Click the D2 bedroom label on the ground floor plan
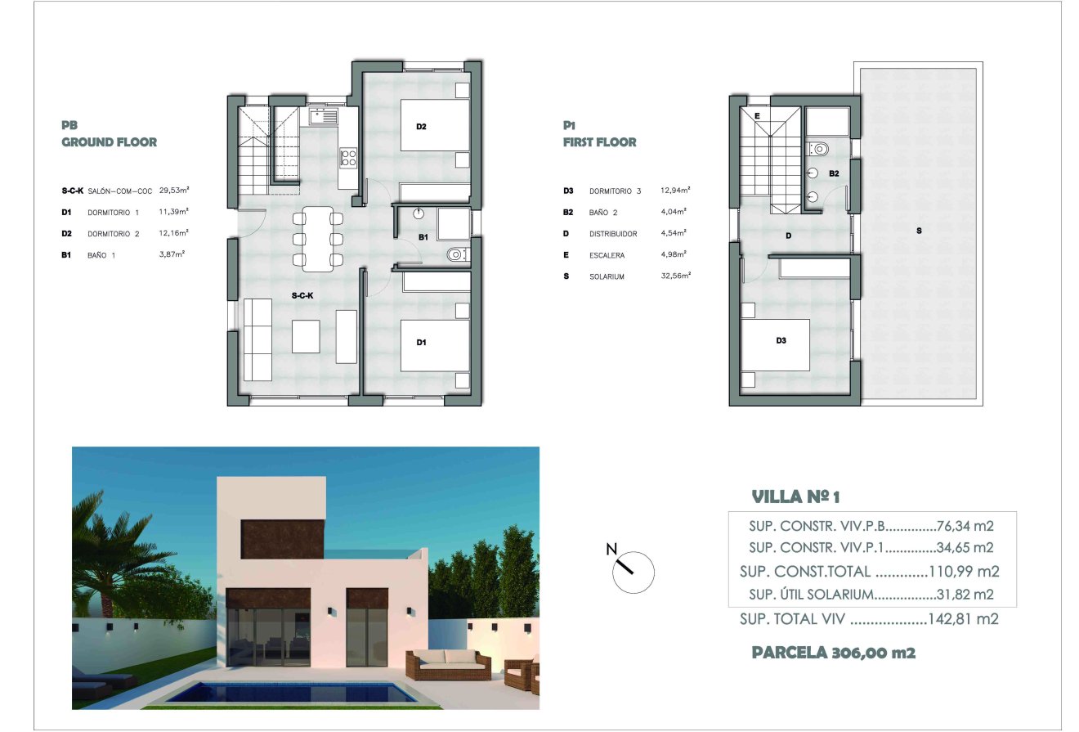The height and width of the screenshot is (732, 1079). click(x=422, y=127)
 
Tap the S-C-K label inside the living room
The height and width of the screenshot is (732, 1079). click(x=303, y=295)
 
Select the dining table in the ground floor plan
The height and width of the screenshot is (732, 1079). click(x=318, y=238)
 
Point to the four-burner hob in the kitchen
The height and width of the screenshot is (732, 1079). click(x=348, y=157)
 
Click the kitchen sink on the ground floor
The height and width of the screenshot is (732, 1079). click(x=324, y=117)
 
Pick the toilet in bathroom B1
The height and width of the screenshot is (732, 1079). click(x=457, y=255)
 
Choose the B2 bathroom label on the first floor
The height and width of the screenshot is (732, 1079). click(x=834, y=173)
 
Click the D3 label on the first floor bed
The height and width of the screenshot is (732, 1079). click(x=781, y=341)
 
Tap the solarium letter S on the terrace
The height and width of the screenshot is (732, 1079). click(x=919, y=231)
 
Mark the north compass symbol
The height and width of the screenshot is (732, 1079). click(x=633, y=569)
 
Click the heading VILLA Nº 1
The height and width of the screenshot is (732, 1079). click(x=795, y=496)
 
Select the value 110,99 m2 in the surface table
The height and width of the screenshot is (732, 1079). click(x=964, y=572)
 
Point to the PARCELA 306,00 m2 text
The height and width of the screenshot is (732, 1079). click(x=833, y=653)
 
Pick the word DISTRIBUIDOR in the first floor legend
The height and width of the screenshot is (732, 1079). click(x=614, y=234)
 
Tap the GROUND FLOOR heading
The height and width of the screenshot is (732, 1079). click(x=110, y=142)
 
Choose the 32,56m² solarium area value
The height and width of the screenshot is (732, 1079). click(x=675, y=276)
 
